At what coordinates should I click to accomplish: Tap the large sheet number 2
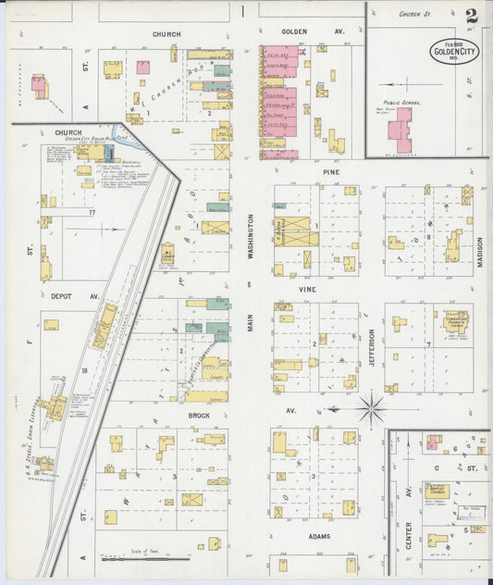tap(472, 15)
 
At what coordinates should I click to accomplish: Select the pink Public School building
tap(401, 129)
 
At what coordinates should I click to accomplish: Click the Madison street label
tap(481, 247)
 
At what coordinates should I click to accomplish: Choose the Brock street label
tap(199, 416)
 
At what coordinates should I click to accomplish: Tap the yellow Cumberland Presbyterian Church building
tap(454, 322)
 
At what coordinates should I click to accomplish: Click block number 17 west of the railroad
tap(92, 212)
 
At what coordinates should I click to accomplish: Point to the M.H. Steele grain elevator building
tap(55, 407)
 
